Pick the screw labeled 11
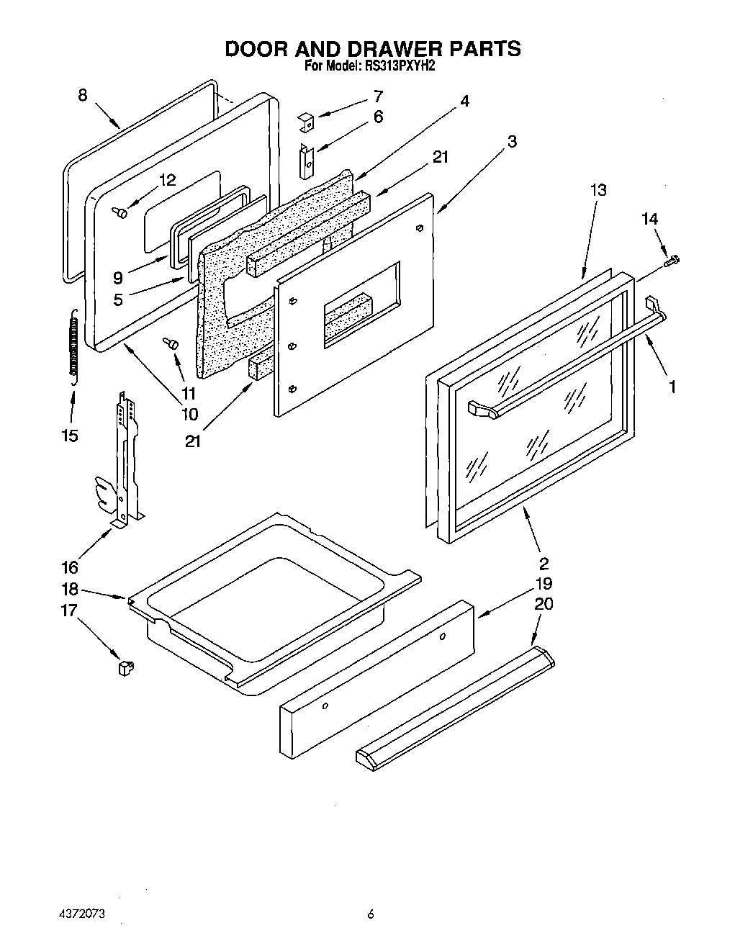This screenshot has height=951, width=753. pyautogui.click(x=171, y=343)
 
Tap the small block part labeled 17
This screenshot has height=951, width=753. pyautogui.click(x=126, y=667)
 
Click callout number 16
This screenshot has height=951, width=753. pyautogui.click(x=70, y=567)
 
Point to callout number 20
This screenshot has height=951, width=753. pyautogui.click(x=544, y=603)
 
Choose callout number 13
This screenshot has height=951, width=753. pyautogui.click(x=598, y=190)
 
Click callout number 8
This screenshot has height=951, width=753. pyautogui.click(x=82, y=95)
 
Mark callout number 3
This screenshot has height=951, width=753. pyautogui.click(x=511, y=142)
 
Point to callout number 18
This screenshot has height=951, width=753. pyautogui.click(x=70, y=588)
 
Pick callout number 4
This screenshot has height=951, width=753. pyautogui.click(x=465, y=102)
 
